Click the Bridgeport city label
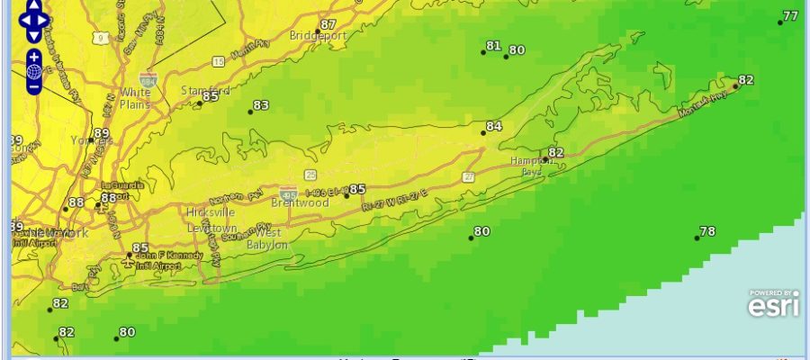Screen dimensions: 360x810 pos(319,36)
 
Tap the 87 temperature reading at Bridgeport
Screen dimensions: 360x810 pos(328,24)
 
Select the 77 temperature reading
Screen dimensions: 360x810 pos(790,16)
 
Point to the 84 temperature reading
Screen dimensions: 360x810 pos(494,127)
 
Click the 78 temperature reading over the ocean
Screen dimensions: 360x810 pos(707,232)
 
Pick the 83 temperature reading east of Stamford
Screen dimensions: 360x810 pos(261,106)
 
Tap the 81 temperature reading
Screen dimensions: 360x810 pos(493,46)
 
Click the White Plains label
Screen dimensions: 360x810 pos(135,98)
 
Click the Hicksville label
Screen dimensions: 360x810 pos(211,212)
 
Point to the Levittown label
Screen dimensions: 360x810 pos(211,229)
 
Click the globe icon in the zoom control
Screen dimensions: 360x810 pos(34,71)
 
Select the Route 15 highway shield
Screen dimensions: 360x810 pos(218,61)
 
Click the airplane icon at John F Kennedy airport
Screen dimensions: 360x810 pos(130,256)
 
